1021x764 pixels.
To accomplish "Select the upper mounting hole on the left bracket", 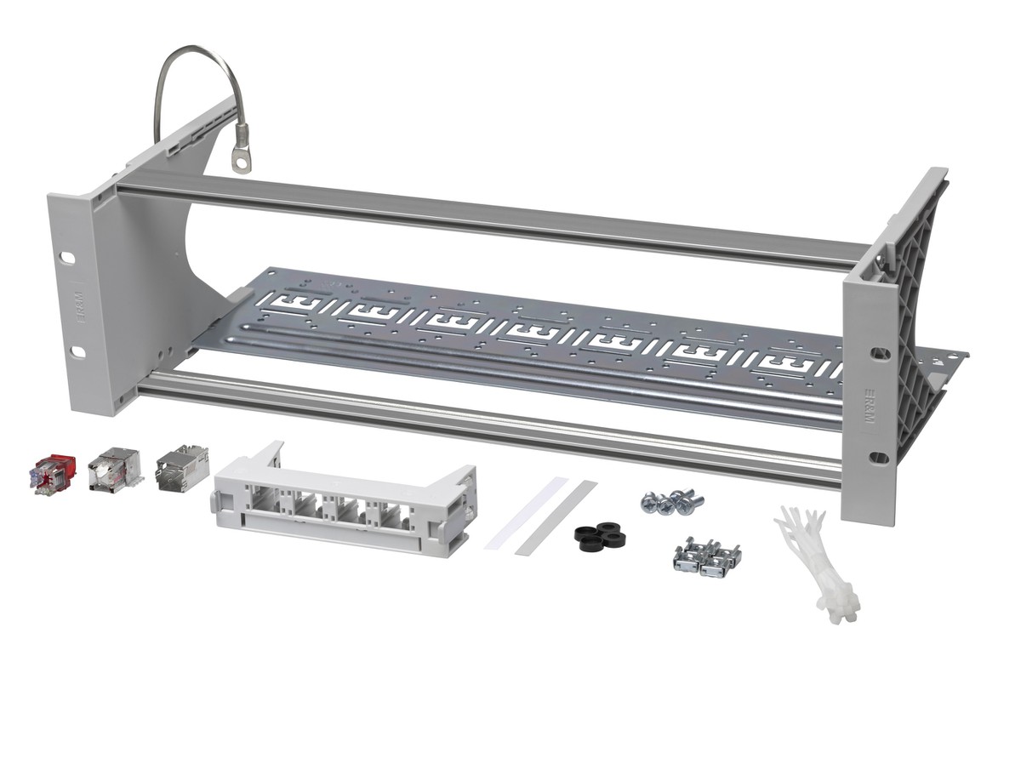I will click(68, 257).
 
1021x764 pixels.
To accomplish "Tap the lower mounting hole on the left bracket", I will click(77, 351).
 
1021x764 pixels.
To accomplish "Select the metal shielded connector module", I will click(180, 465).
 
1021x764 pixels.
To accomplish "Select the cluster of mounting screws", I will click(672, 501).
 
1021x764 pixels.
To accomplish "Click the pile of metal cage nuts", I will click(706, 556).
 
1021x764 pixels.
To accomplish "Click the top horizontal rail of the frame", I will click(493, 213).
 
